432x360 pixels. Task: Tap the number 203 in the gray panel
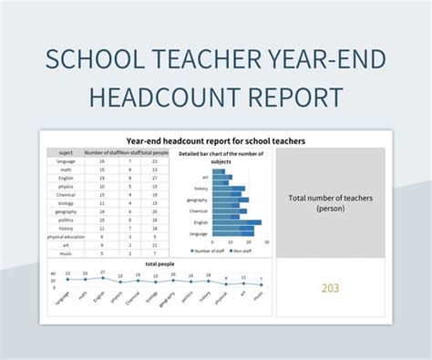point(331,289)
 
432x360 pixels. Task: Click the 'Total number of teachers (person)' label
point(330,202)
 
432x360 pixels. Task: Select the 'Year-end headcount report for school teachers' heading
point(215,141)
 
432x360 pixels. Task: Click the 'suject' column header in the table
point(66,153)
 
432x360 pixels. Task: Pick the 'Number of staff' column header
point(102,153)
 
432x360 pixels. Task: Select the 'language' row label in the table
point(66,161)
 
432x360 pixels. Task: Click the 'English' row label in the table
point(66,178)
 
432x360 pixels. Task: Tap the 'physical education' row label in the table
point(66,237)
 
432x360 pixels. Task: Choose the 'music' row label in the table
point(66,252)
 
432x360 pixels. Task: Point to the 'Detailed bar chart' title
point(220,158)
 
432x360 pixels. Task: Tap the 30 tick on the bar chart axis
point(266,242)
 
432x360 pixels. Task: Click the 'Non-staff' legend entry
point(242,251)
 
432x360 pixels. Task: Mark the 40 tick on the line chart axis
point(53,273)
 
